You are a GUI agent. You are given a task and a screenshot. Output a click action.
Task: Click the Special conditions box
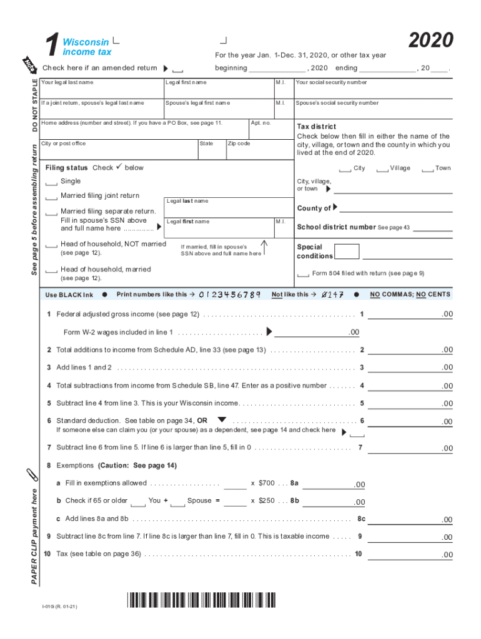(347, 251)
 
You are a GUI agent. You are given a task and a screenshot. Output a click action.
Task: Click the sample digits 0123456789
(229, 295)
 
